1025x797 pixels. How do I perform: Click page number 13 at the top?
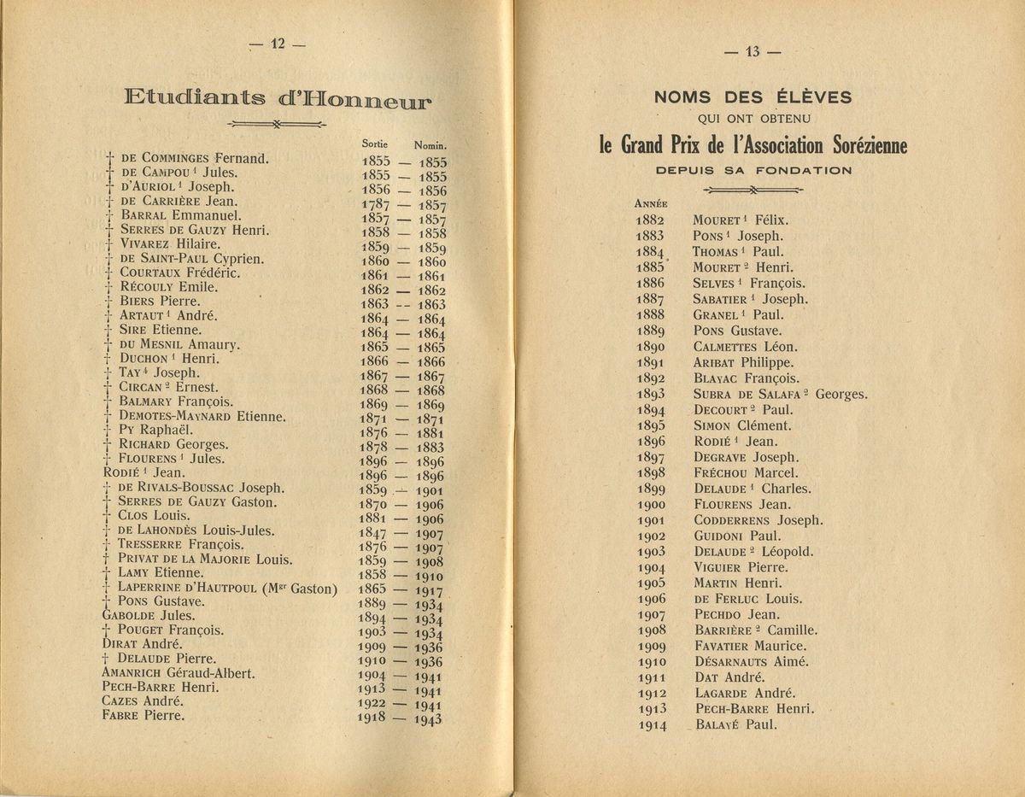coord(753,51)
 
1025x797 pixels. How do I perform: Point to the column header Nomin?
coord(431,146)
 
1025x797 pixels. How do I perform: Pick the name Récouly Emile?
coord(169,287)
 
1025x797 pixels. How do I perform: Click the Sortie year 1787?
coord(376,204)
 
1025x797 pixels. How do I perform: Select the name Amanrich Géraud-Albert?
coord(179,673)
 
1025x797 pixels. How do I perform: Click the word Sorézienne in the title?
coord(857,145)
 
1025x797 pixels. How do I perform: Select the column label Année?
coord(650,203)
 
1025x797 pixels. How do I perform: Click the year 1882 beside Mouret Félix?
coord(650,220)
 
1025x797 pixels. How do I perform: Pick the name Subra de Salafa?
coord(751,394)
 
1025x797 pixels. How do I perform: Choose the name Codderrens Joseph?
coord(758,519)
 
